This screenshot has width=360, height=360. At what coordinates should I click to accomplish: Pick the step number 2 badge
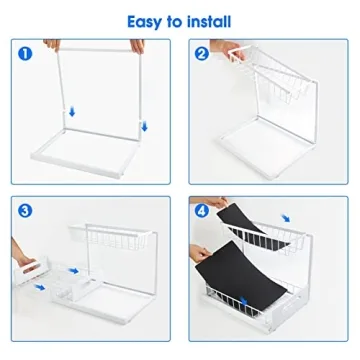click(202, 54)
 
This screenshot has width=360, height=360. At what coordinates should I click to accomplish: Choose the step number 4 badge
click(203, 211)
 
